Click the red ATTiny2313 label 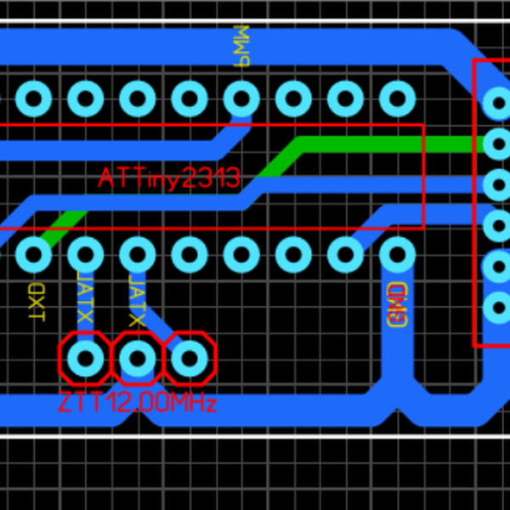[x=168, y=178]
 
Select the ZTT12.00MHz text [x=138, y=402]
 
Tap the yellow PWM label [x=242, y=47]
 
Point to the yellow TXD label [x=36, y=303]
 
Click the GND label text [x=397, y=305]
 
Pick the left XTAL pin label [x=85, y=297]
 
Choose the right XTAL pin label [x=137, y=301]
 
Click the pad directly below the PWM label [x=241, y=99]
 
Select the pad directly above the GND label [x=397, y=253]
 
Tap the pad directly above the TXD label [x=34, y=253]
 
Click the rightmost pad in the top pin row [x=397, y=99]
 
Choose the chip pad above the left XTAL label [x=85, y=253]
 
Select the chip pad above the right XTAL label [x=137, y=253]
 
